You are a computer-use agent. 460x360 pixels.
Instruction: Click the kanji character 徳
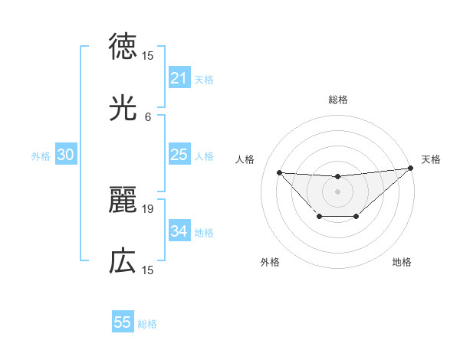tap(123, 47)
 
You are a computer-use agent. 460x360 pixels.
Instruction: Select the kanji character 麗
tap(123, 200)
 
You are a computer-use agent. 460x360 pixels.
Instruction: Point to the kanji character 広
tap(123, 261)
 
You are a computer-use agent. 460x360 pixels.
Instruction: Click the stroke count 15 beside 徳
tap(148, 55)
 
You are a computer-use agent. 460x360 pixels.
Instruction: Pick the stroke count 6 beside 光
tap(148, 116)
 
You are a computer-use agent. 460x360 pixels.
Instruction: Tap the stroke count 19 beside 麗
tap(148, 208)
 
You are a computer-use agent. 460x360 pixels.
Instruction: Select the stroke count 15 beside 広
tap(148, 270)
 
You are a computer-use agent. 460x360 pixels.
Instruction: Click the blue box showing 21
tap(179, 78)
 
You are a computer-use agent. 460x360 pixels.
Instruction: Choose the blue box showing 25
tap(179, 155)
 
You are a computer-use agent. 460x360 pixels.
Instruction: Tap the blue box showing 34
tap(179, 231)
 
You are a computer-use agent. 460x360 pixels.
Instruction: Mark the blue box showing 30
tap(66, 155)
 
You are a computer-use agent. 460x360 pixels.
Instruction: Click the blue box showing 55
tap(123, 322)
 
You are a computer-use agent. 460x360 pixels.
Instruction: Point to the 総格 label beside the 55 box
tap(147, 324)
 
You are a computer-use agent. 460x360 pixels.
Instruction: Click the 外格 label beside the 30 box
tap(41, 156)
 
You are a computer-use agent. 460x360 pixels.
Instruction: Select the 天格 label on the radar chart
tap(431, 159)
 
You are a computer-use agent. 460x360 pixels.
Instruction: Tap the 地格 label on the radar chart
tap(402, 263)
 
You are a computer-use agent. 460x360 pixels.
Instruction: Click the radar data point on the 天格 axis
tap(410, 169)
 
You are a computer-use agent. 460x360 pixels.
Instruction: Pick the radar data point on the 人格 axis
tap(280, 172)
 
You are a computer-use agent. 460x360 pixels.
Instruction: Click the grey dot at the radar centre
tap(337, 191)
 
